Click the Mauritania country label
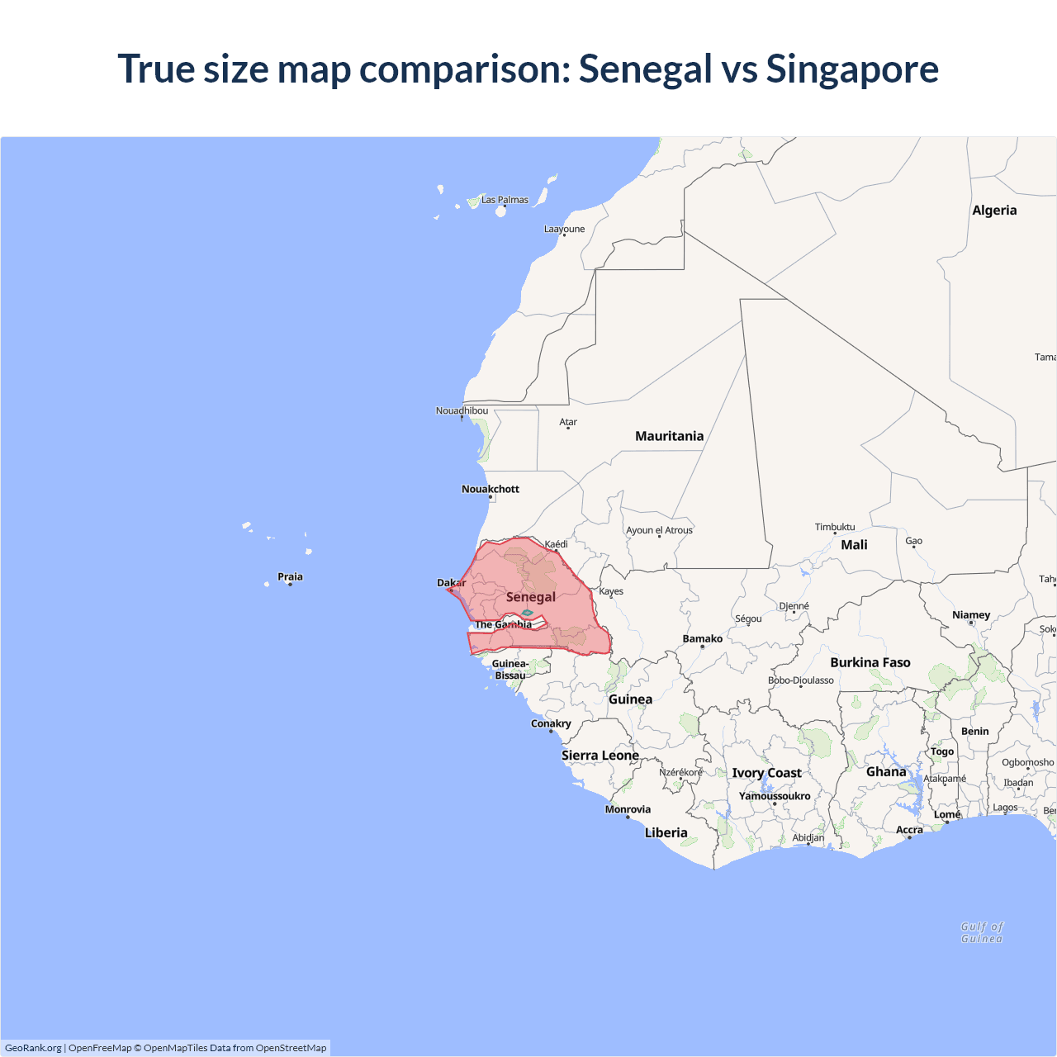tap(669, 436)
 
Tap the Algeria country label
tap(994, 211)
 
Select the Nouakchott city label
tap(491, 489)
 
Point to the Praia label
tap(290, 576)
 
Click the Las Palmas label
tap(505, 200)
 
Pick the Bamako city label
tap(702, 638)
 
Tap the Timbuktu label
tap(835, 527)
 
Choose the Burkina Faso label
tap(870, 662)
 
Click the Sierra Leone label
tap(600, 756)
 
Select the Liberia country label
tap(666, 832)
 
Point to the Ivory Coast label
tap(766, 773)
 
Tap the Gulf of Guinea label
tap(982, 932)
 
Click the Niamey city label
tap(971, 615)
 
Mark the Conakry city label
tap(551, 723)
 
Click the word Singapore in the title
tap(852, 69)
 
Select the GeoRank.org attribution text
tap(33, 1048)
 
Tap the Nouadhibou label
tap(462, 410)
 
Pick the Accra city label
tap(909, 830)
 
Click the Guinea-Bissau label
tap(510, 670)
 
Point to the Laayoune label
tap(564, 230)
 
